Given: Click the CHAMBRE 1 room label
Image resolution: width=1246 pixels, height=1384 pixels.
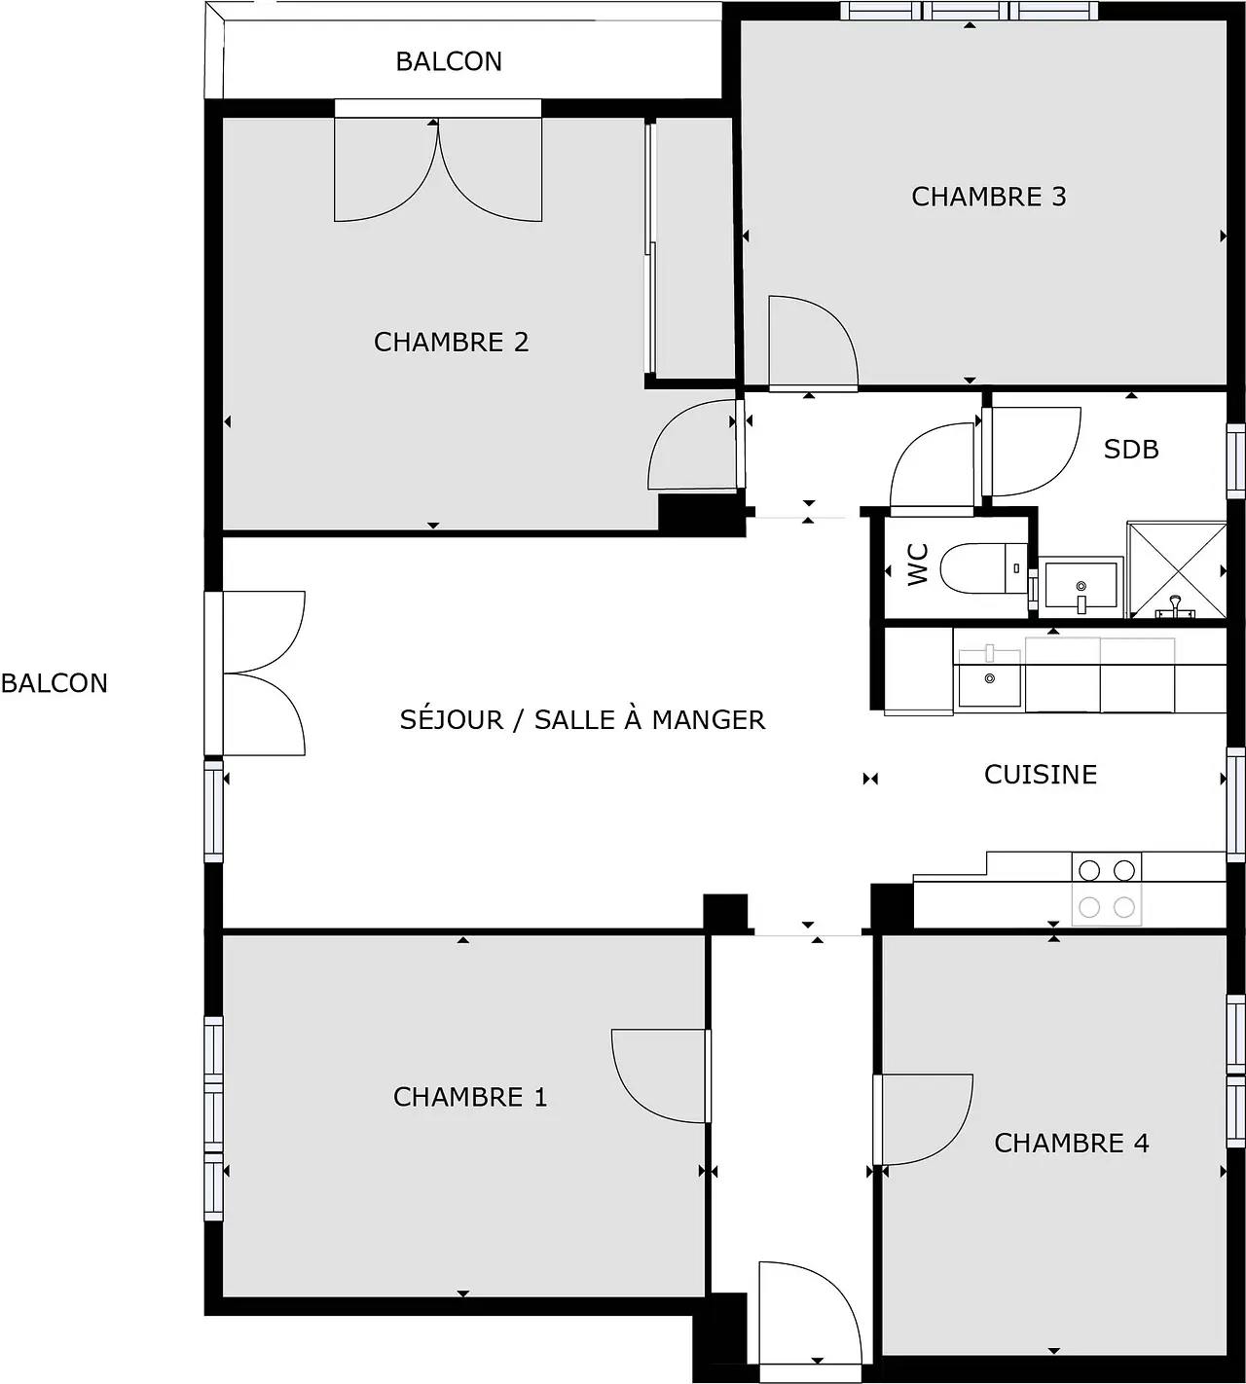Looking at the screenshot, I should (470, 1097).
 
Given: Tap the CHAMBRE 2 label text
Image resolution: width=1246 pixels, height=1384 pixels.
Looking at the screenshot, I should (451, 342).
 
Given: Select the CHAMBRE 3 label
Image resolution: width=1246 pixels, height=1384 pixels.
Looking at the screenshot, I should (988, 197).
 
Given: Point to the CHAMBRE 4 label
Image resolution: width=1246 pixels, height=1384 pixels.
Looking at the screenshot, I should (1071, 1143).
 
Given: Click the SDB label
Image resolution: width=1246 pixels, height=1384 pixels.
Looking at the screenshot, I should (1130, 449).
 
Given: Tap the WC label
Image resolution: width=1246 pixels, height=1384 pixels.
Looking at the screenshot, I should (918, 565).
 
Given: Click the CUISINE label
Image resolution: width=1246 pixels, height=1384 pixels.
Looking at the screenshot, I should (1040, 775).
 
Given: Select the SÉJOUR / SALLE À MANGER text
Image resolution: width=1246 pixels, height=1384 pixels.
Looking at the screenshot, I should (582, 720).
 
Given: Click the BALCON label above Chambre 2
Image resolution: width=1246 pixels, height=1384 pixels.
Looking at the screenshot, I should (449, 61).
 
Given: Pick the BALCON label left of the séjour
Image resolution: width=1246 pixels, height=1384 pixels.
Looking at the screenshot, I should (54, 683).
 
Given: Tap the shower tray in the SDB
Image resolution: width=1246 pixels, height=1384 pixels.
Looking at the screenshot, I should (1176, 570).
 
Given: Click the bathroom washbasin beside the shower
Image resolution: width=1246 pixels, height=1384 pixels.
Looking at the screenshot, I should (1081, 586).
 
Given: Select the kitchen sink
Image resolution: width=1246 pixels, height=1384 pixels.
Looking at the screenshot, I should (989, 678).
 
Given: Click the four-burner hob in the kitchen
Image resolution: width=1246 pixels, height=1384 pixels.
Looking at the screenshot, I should (1107, 889).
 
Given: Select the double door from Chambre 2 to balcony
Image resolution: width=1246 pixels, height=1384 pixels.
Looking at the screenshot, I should (438, 165).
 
